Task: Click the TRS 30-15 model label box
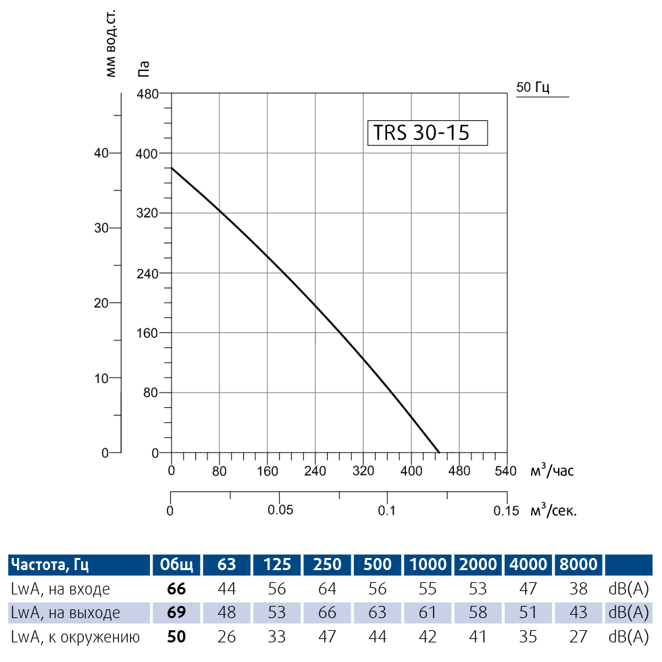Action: coord(427,132)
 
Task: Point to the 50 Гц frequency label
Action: coord(534,87)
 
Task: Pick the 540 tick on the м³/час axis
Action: coord(505,471)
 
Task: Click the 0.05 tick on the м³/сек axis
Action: coord(280,510)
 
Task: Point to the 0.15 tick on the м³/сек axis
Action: coord(506,511)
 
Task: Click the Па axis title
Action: coord(143,68)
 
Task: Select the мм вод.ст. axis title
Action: coord(111,44)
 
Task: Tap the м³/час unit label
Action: coord(552,471)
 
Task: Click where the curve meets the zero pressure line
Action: coord(439,453)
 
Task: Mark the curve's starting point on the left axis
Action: coord(172,168)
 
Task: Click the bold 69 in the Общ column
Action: coord(176,613)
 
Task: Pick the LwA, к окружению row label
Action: coord(75,636)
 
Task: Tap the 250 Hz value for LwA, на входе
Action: coord(327,589)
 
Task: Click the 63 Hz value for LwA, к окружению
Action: coord(227,636)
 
